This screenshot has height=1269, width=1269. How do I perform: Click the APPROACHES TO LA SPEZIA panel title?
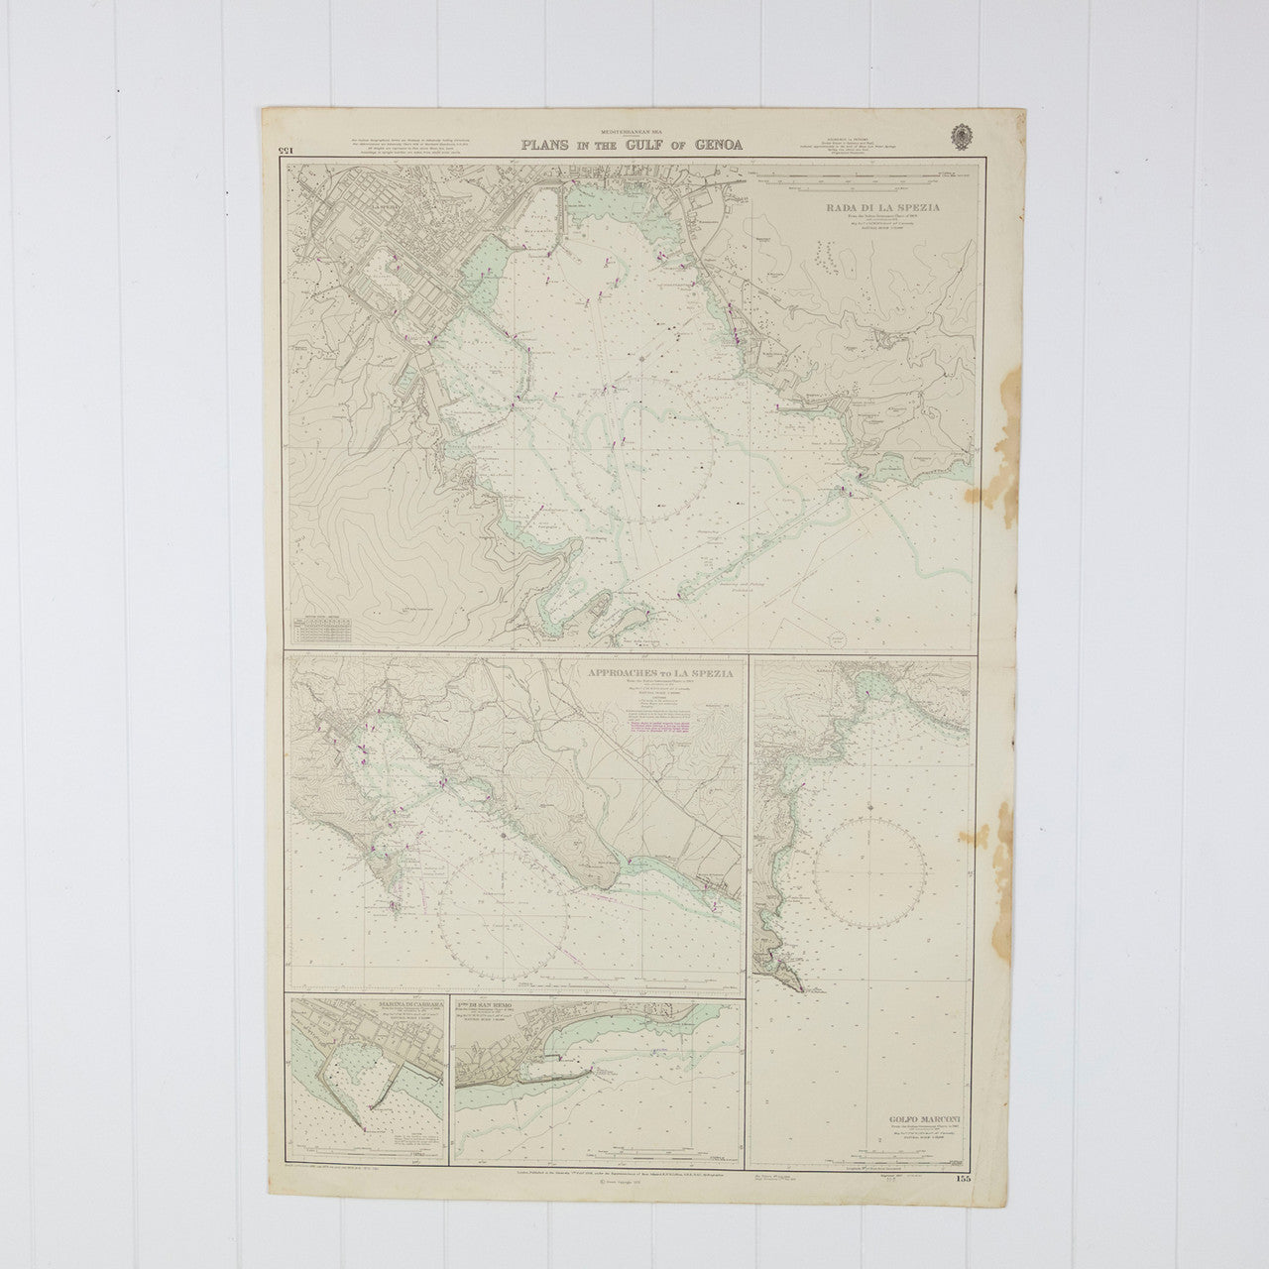pyautogui.click(x=660, y=672)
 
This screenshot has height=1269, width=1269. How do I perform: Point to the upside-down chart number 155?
pyautogui.click(x=277, y=149)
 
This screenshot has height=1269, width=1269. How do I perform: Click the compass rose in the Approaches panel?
pyautogui.click(x=504, y=914)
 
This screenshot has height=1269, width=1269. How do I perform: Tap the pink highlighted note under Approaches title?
pyautogui.click(x=661, y=727)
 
